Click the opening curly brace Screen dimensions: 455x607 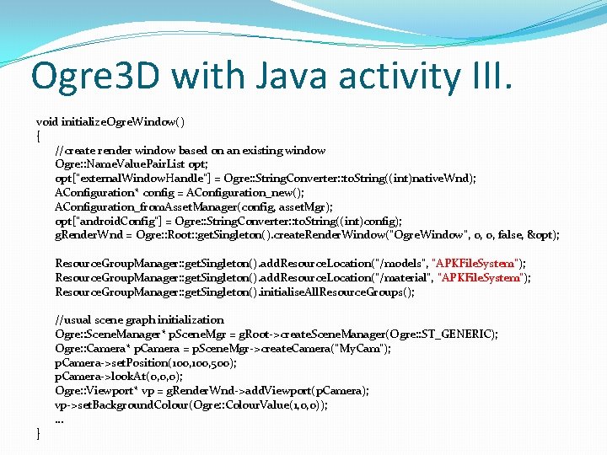tap(38, 136)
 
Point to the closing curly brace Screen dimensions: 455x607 tap(38, 433)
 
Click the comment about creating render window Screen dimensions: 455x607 tap(190, 150)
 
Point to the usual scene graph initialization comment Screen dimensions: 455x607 tap(139, 320)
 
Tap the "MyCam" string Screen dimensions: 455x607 tap(363, 348)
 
